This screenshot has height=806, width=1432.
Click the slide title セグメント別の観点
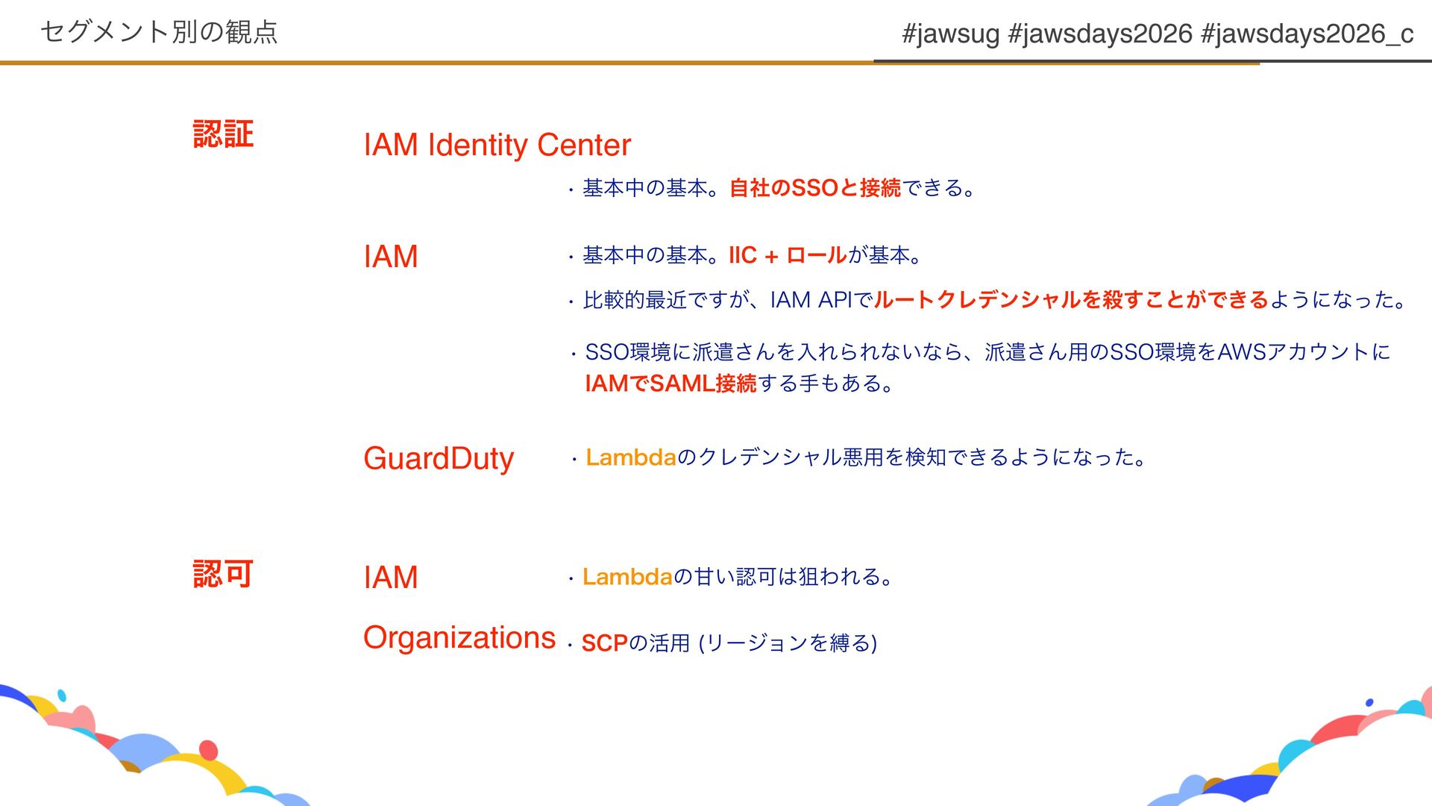click(x=159, y=31)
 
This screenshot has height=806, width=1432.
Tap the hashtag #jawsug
click(x=950, y=34)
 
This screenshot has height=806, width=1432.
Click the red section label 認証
click(x=223, y=134)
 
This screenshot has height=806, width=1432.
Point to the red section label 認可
click(x=223, y=575)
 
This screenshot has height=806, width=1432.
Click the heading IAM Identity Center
click(x=497, y=145)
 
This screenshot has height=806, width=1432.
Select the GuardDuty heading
click(x=439, y=458)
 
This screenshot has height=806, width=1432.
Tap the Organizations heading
click(x=459, y=638)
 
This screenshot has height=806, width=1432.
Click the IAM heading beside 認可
click(x=390, y=578)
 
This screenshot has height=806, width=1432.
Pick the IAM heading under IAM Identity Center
click(x=390, y=257)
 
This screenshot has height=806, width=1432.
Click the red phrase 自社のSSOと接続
click(x=814, y=188)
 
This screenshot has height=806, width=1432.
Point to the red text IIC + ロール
click(x=787, y=255)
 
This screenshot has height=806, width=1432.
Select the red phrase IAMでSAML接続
click(x=671, y=384)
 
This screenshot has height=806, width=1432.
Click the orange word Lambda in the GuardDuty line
click(x=630, y=457)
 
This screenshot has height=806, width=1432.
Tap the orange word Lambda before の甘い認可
click(x=627, y=577)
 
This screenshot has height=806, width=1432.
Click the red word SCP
click(x=604, y=643)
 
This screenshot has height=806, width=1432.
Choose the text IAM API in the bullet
click(x=811, y=300)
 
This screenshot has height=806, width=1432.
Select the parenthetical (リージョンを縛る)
click(x=788, y=643)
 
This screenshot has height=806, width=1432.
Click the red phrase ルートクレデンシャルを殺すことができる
click(x=1071, y=300)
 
